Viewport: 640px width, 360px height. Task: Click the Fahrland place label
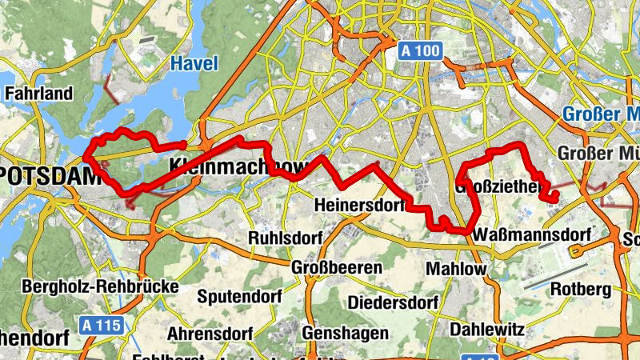point(39,94)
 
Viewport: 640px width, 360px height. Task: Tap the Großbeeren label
point(337,267)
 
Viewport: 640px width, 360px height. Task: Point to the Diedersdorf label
point(392,303)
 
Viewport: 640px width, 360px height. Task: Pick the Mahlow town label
point(455,269)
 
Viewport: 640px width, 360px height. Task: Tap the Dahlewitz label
point(486,329)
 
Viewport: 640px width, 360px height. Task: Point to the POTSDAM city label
point(40,174)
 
